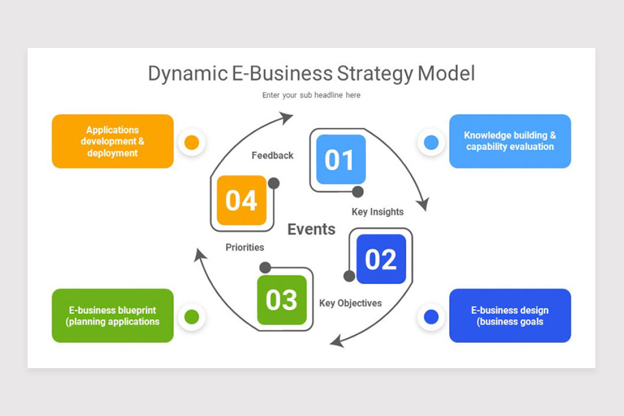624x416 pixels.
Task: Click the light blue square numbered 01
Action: (x=341, y=159)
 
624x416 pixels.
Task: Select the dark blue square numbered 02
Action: (x=381, y=259)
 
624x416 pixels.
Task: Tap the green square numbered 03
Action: (x=282, y=300)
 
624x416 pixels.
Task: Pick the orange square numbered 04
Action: (x=241, y=200)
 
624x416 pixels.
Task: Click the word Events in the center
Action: (x=311, y=229)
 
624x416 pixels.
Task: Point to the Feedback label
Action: (x=272, y=155)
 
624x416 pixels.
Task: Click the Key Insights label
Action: (x=378, y=212)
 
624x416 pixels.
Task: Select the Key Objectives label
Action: (x=350, y=303)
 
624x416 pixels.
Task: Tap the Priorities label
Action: (x=245, y=248)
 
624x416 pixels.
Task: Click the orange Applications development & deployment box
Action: (x=113, y=141)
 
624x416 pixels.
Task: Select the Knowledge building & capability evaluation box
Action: (x=510, y=141)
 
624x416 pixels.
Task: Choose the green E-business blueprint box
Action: (x=113, y=316)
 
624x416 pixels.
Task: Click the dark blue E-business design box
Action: (x=510, y=316)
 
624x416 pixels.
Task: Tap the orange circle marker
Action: (x=192, y=142)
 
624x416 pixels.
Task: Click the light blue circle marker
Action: (x=431, y=142)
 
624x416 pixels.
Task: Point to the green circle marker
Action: (x=192, y=317)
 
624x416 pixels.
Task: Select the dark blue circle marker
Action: (x=431, y=317)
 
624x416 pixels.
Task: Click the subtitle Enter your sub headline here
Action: (x=311, y=95)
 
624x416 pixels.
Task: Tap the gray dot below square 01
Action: (x=358, y=192)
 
